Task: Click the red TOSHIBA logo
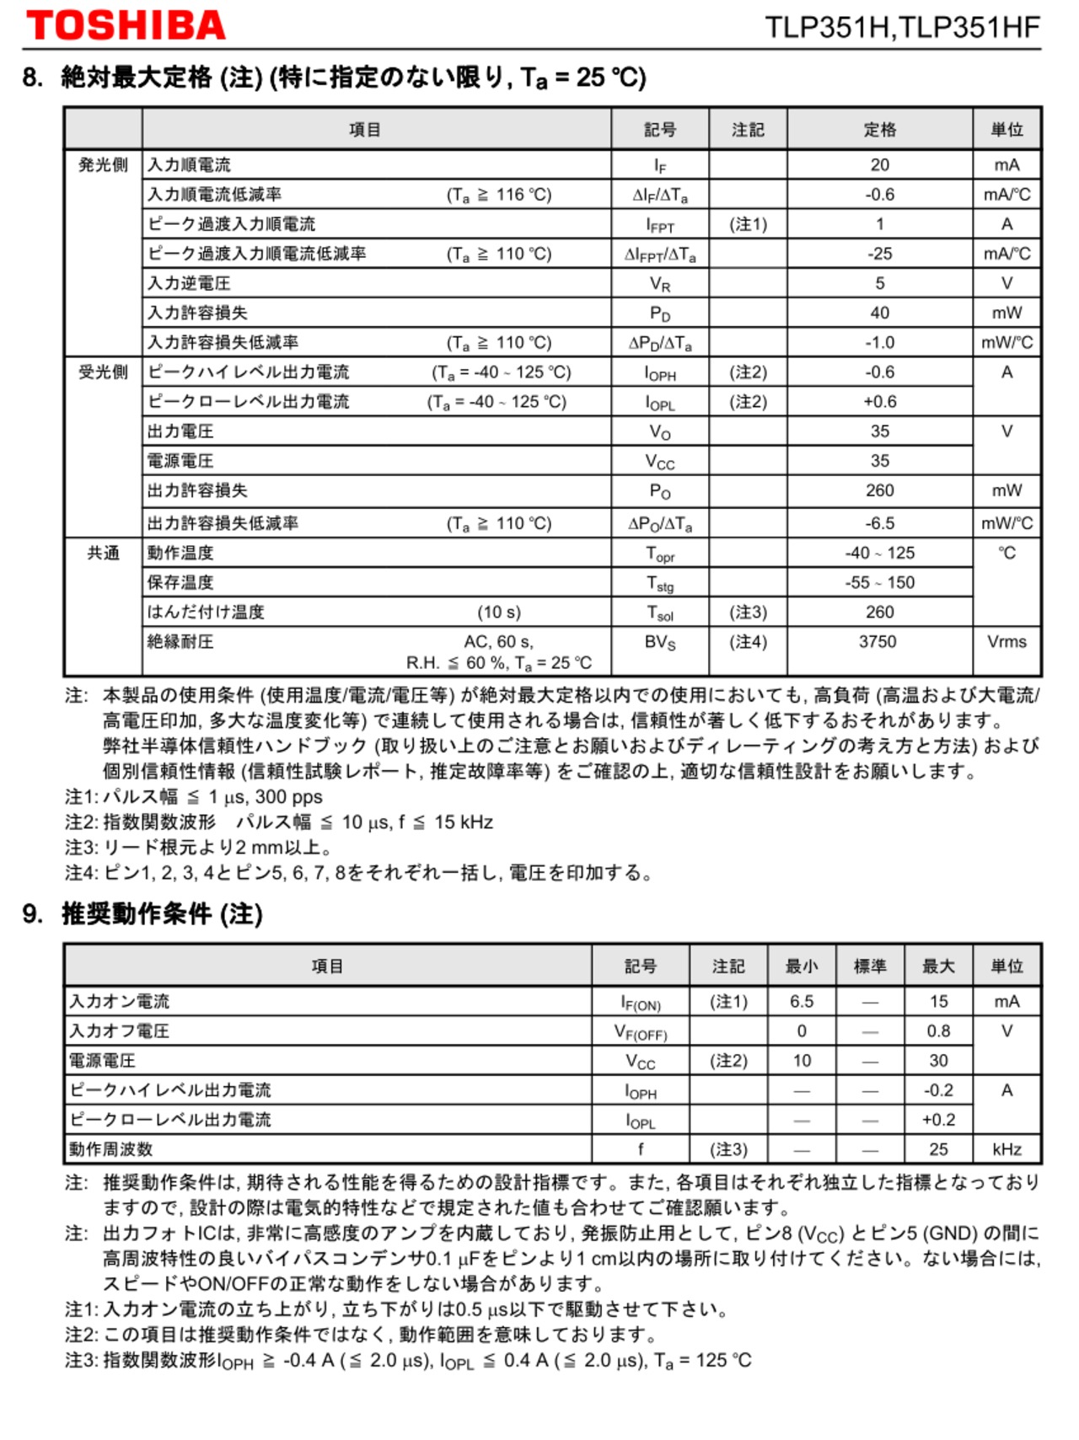pyautogui.click(x=126, y=25)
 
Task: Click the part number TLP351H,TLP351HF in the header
pyautogui.click(x=902, y=27)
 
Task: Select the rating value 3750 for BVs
pyautogui.click(x=878, y=641)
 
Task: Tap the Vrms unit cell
pyautogui.click(x=1007, y=641)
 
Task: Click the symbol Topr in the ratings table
pyautogui.click(x=660, y=554)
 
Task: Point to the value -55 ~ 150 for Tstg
pyautogui.click(x=879, y=582)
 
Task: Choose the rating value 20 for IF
pyautogui.click(x=879, y=165)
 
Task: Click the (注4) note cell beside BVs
pyautogui.click(x=748, y=641)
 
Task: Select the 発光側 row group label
pyautogui.click(x=103, y=164)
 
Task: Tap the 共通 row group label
pyautogui.click(x=103, y=553)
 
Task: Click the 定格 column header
pyautogui.click(x=879, y=130)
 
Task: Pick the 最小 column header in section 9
pyautogui.click(x=801, y=966)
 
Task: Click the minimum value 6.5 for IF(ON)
pyautogui.click(x=801, y=1001)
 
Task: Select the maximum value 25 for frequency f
pyautogui.click(x=938, y=1148)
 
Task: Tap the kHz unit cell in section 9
pyautogui.click(x=1007, y=1148)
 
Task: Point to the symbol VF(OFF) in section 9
pyautogui.click(x=640, y=1031)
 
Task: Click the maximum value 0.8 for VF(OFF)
pyautogui.click(x=938, y=1030)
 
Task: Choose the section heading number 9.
pyautogui.click(x=32, y=913)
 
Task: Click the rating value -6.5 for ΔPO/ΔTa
pyautogui.click(x=879, y=523)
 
